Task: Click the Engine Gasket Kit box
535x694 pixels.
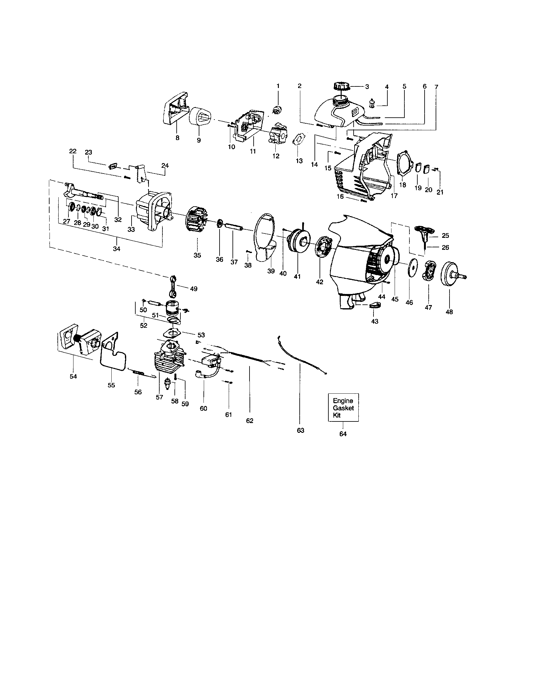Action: (343, 408)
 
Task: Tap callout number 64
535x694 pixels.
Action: (343, 434)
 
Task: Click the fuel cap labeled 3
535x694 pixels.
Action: (342, 86)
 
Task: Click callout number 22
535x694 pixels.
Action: (73, 151)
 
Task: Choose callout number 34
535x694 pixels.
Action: (117, 249)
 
